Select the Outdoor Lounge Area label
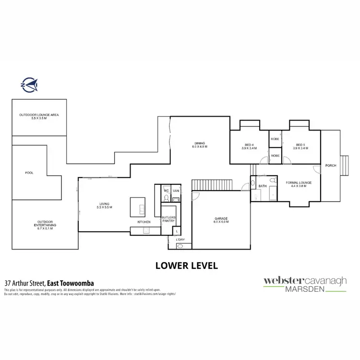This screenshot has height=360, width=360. point(39,115)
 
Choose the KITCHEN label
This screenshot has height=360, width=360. point(144,222)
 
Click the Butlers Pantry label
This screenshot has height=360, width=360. point(168,219)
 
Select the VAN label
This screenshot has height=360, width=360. point(176,190)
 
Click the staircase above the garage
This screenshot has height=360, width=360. point(211,184)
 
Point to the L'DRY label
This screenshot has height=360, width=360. point(180,239)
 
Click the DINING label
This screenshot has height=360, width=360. point(200,143)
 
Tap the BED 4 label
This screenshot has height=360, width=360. point(249,145)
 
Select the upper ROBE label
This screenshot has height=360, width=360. point(275,139)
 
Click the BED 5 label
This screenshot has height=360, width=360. point(301,145)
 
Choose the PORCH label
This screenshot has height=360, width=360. point(331,166)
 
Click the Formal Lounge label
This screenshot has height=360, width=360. point(299,183)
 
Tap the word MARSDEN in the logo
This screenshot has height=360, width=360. point(305,289)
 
